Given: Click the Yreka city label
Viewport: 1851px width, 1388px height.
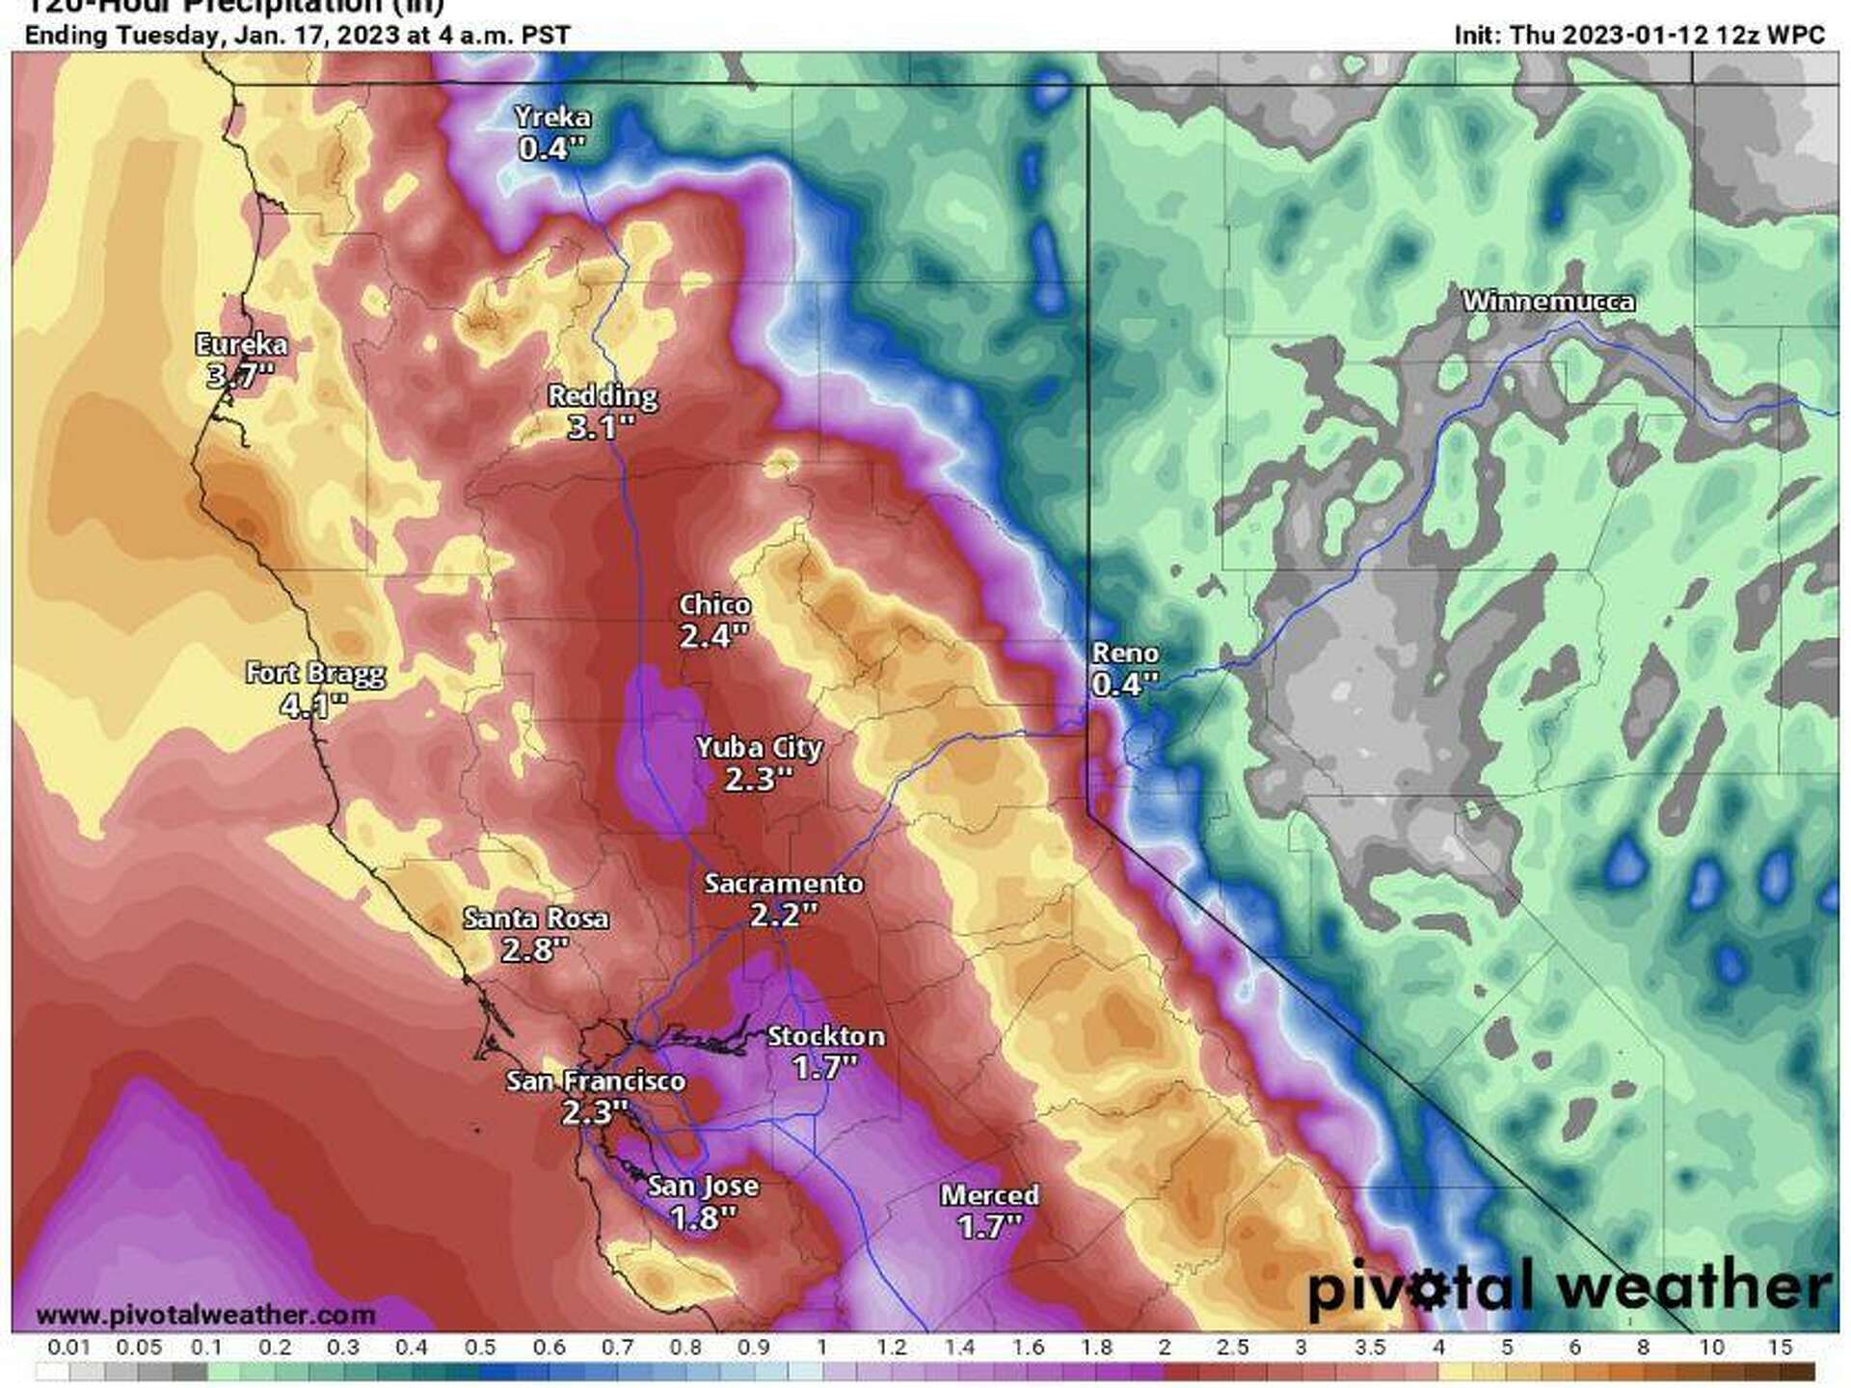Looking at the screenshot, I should (552, 118).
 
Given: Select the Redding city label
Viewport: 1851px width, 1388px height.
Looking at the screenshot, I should (603, 395).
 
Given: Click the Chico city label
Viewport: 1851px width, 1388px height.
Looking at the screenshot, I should (714, 604).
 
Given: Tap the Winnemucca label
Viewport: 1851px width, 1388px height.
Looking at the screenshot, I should (1548, 302).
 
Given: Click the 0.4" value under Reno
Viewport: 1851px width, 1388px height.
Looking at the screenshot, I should (1124, 683).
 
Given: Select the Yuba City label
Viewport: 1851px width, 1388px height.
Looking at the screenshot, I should (760, 747).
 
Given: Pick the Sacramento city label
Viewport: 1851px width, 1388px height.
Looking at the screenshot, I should (783, 883).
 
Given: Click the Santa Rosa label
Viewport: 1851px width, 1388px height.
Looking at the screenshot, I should (536, 918).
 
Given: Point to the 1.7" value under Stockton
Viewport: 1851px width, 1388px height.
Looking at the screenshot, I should (825, 1067).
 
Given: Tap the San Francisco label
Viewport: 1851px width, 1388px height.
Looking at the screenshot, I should (596, 1081).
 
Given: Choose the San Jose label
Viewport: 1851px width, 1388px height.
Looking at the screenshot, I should (703, 1186).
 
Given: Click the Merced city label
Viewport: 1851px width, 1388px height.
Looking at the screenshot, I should (989, 1195).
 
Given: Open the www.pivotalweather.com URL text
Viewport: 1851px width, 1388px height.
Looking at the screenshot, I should (205, 1315).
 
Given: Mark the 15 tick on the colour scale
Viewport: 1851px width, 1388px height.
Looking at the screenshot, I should (1780, 1348).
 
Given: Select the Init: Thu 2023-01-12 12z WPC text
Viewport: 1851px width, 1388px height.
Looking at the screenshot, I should (1639, 36).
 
